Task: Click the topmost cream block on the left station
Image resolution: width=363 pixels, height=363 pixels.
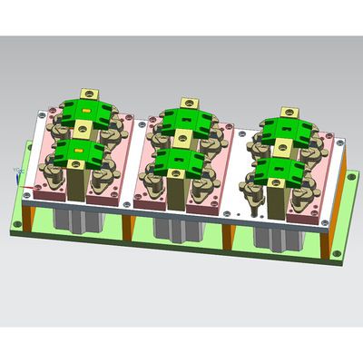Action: click(90, 93)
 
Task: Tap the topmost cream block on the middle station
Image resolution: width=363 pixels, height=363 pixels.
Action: click(191, 103)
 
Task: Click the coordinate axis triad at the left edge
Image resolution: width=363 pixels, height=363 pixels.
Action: click(17, 171)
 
